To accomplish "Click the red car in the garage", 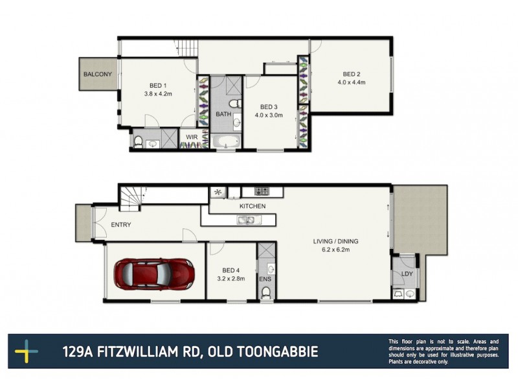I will (x=154, y=274).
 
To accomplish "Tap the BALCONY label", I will (x=97, y=75).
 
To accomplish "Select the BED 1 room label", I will (x=158, y=86).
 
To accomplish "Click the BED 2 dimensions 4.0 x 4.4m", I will (x=352, y=82).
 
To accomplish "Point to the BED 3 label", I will (x=269, y=107).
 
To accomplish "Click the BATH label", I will (x=223, y=114).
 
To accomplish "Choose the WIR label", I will (x=192, y=137).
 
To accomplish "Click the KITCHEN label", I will (x=253, y=206).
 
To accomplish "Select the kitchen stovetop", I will (x=262, y=191).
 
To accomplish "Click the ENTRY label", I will (x=121, y=225).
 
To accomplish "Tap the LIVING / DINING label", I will (x=335, y=241).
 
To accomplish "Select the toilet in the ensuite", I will (x=265, y=293).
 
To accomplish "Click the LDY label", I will (x=407, y=274).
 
